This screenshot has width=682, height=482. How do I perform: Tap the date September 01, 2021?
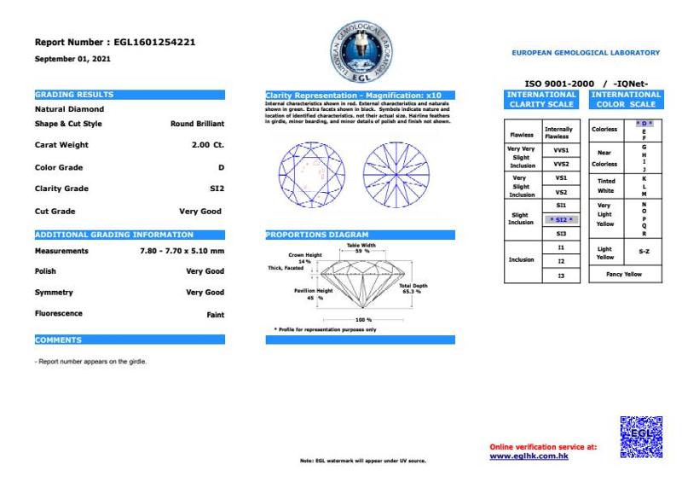[72, 59]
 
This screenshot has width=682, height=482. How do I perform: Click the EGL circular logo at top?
[361, 51]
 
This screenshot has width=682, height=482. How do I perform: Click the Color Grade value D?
[221, 167]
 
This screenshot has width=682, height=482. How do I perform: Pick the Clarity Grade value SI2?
[217, 189]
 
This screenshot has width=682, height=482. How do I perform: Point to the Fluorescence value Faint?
[216, 314]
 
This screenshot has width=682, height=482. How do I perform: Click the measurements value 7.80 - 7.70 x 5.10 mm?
[182, 251]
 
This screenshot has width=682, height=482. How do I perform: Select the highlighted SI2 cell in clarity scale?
[561, 219]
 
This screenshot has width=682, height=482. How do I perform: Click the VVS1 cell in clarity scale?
[561, 149]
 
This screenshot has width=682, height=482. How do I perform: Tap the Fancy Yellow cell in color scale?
[625, 274]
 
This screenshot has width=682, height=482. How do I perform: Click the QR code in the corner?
[640, 438]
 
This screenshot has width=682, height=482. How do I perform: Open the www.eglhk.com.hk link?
[529, 456]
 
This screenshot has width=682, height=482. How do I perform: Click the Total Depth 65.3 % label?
[413, 288]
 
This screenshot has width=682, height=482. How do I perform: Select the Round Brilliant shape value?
[197, 124]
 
